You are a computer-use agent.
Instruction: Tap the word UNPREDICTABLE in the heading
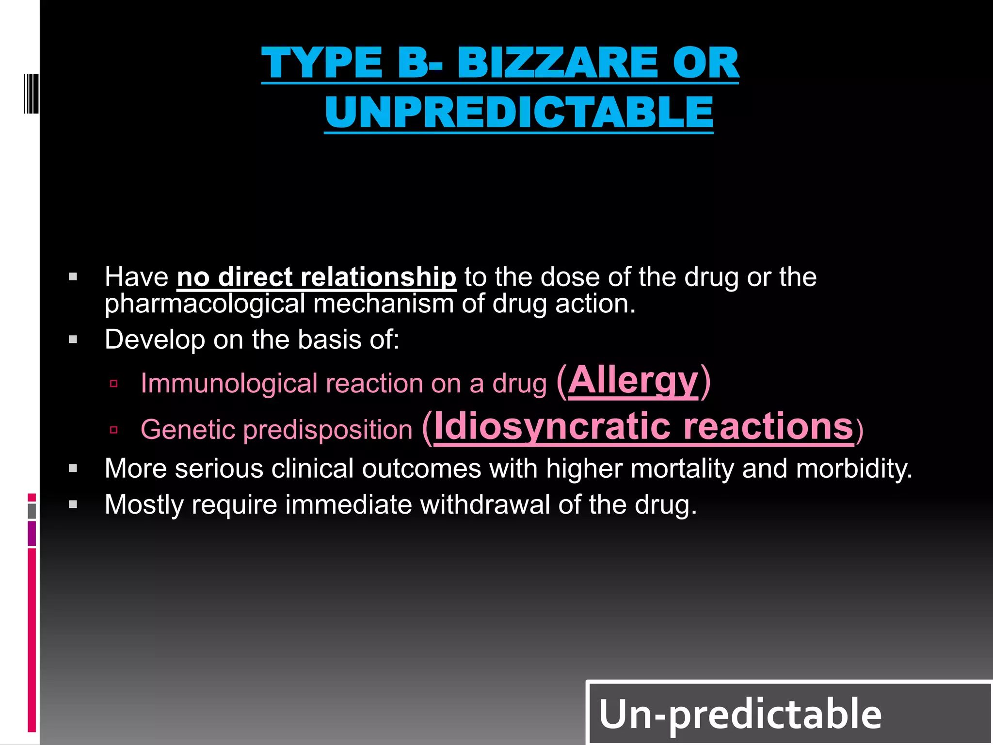(519, 112)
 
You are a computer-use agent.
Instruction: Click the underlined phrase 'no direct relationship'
(316, 277)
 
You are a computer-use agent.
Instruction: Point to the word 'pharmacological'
(205, 305)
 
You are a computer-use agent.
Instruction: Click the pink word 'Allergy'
(633, 381)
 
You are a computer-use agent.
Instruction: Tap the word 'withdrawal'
(484, 505)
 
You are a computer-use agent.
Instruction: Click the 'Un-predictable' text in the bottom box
(740, 714)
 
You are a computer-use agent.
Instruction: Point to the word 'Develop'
(155, 340)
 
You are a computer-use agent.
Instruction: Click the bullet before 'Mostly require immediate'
(73, 505)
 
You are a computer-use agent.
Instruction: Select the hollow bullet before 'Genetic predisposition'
(114, 430)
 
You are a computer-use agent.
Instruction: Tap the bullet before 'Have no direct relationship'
(73, 277)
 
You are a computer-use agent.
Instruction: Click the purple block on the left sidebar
(32, 534)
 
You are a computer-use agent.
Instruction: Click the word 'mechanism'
(383, 305)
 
